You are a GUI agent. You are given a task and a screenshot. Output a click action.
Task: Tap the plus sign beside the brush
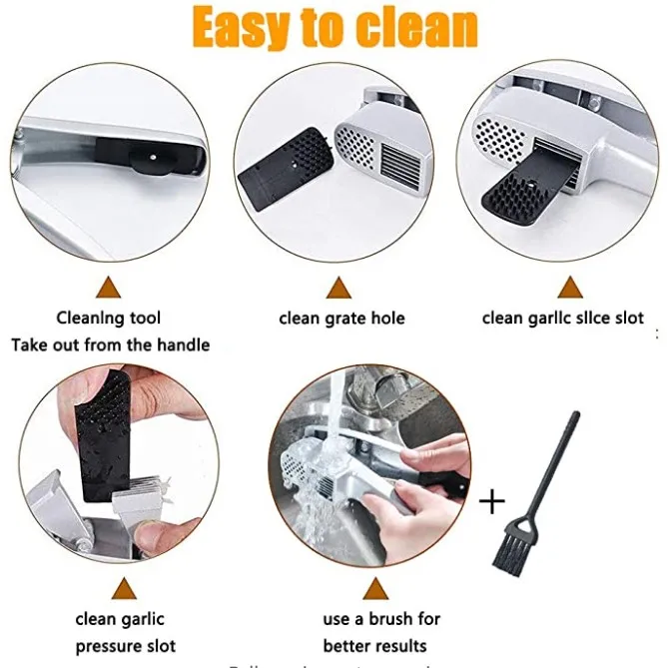point(492,501)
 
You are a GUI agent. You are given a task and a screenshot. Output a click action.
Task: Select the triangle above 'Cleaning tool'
point(108,289)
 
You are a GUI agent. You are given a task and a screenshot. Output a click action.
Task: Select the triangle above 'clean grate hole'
point(340,289)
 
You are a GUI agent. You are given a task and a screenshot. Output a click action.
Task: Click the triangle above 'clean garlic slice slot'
point(570,289)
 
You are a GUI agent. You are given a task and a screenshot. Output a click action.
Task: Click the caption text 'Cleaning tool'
point(109,319)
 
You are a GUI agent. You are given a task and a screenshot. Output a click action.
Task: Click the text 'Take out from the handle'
point(110,344)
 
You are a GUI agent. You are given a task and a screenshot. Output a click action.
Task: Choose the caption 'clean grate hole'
point(341,319)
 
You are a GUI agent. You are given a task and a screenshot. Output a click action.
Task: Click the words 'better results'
point(375,646)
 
